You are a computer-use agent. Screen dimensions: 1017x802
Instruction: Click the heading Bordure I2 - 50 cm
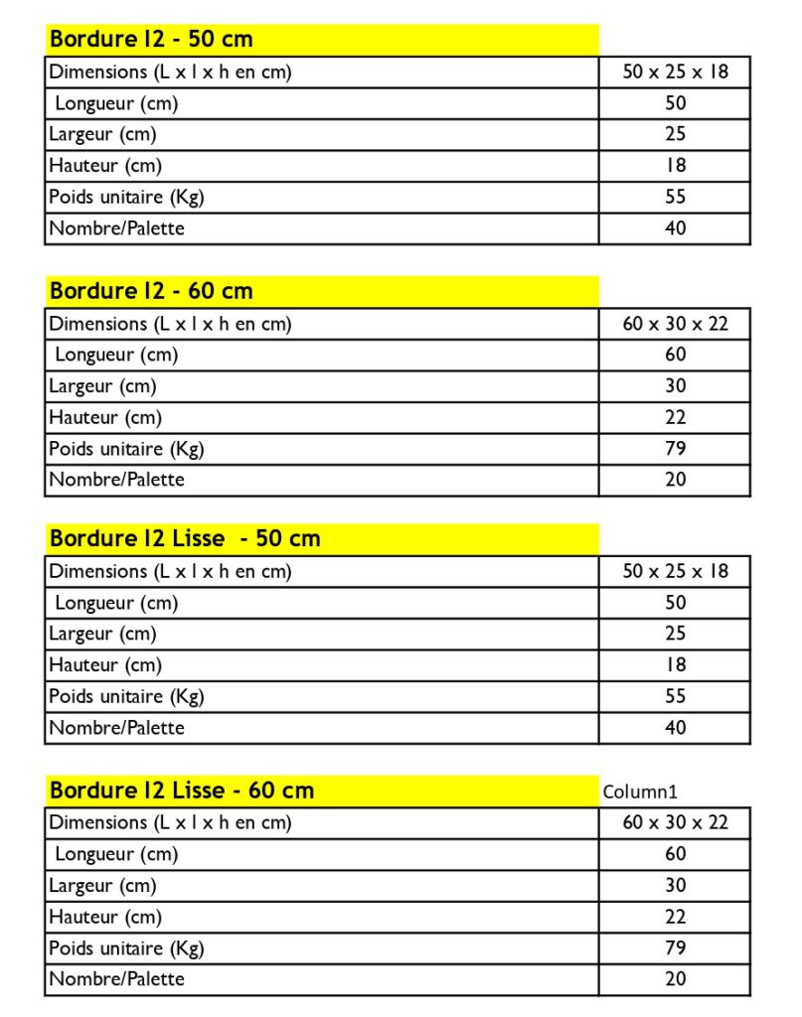[151, 40]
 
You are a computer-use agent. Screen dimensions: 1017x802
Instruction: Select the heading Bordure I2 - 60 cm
[151, 291]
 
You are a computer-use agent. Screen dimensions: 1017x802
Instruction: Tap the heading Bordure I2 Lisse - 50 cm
[185, 538]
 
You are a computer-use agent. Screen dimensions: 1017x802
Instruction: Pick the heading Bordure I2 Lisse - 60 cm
[182, 791]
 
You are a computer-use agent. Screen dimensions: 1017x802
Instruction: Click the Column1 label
[640, 792]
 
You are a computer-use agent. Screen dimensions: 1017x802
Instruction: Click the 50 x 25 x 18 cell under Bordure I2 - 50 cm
[675, 72]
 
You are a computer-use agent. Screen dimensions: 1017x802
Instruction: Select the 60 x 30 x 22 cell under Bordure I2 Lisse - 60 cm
[675, 822]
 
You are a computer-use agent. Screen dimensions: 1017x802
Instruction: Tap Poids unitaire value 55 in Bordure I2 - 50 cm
[675, 197]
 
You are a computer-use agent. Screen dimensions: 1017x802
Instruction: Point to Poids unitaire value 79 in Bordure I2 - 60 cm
[675, 448]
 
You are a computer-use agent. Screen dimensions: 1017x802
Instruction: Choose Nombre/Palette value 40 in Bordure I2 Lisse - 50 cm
[675, 727]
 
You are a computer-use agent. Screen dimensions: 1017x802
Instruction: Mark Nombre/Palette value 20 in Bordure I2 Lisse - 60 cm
[675, 978]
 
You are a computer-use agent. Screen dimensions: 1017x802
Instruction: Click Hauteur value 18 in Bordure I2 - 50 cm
[675, 165]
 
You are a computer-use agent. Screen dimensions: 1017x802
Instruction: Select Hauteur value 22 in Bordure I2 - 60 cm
[675, 417]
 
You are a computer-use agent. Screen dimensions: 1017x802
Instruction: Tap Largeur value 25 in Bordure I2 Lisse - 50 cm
[675, 633]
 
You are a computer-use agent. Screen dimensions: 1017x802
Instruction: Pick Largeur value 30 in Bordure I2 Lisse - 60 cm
[675, 885]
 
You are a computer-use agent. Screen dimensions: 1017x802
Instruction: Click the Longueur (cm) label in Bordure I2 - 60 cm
[116, 355]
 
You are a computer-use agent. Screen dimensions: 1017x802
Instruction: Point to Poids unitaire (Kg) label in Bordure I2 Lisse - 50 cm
[126, 696]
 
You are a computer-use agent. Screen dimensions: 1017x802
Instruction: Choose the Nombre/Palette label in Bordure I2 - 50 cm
[116, 228]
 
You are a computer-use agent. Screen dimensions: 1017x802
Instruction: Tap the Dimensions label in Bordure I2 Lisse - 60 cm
[170, 822]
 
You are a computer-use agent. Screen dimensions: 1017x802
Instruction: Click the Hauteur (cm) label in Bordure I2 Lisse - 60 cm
[105, 917]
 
